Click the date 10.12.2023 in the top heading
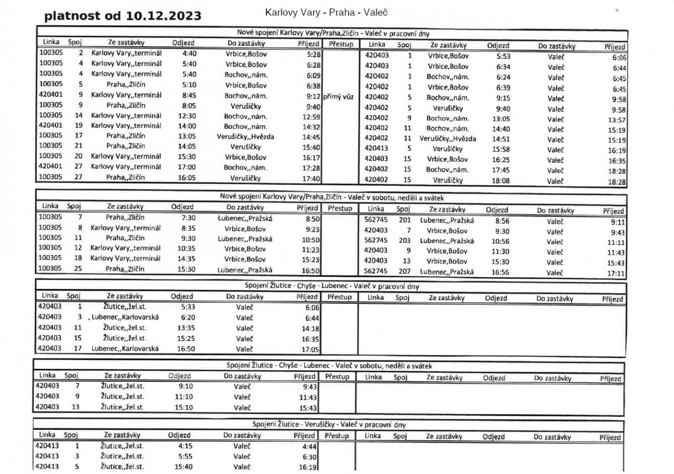pos(164,16)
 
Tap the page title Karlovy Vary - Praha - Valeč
pos(323,11)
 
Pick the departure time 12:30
pos(187,116)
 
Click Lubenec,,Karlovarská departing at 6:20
pos(125,318)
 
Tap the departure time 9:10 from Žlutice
pos(186,386)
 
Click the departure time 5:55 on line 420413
pos(185,456)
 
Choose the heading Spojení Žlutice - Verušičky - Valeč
pos(329,424)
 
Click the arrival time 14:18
pos(312,329)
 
